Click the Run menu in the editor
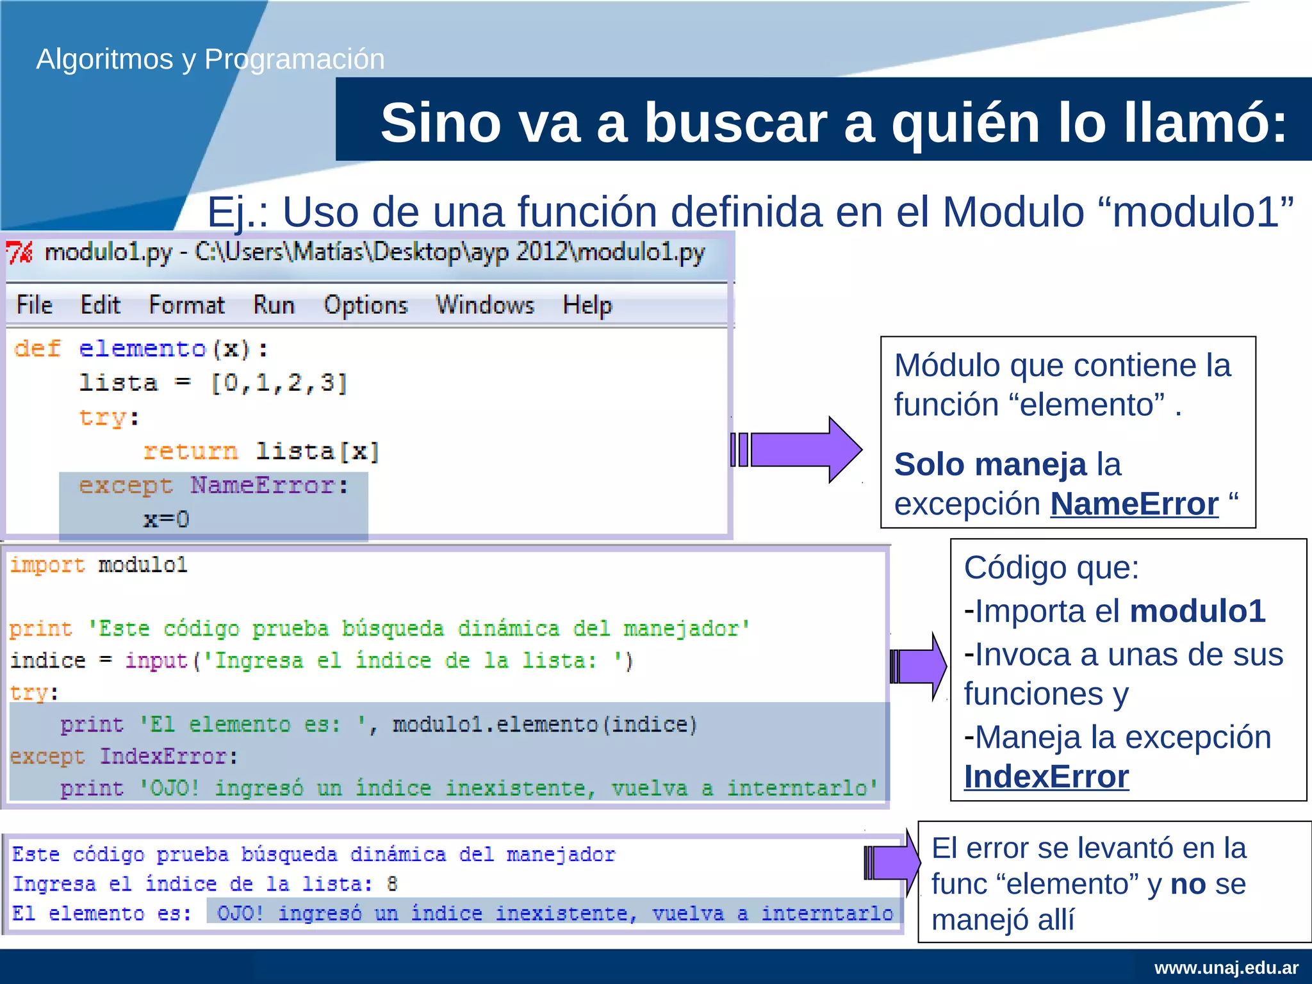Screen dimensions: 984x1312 274,305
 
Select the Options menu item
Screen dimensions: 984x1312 365,305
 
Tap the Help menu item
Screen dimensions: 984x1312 587,305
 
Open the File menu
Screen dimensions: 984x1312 35,305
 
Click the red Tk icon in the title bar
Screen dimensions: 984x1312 19,252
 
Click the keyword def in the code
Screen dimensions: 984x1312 37,348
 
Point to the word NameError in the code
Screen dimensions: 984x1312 262,486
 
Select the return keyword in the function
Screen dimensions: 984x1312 190,452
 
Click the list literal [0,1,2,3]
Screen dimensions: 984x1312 279,383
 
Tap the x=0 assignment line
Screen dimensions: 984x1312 166,519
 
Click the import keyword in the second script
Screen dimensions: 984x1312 47,565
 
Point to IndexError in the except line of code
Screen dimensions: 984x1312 163,757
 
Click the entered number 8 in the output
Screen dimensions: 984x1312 392,884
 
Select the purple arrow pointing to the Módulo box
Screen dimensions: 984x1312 798,449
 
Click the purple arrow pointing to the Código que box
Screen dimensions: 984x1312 918,666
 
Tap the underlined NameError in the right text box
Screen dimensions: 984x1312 1134,504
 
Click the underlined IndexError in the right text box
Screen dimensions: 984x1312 1046,777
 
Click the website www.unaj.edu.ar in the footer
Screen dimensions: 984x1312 1226,967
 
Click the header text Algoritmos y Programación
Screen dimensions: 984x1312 210,59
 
